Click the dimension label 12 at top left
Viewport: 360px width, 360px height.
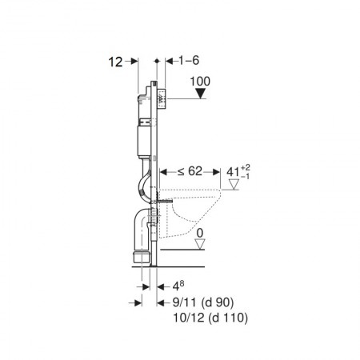(115, 62)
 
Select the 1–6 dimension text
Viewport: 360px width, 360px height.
(189, 61)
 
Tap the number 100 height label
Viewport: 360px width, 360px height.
(200, 82)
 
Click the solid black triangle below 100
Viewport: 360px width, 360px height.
(200, 94)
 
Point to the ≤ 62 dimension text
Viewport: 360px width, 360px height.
(190, 171)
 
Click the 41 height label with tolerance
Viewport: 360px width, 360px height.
(238, 172)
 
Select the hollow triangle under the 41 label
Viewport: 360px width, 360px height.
(234, 185)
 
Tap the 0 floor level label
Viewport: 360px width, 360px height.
(200, 234)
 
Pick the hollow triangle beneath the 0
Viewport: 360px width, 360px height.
(200, 244)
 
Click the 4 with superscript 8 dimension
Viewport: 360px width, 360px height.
(178, 286)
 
